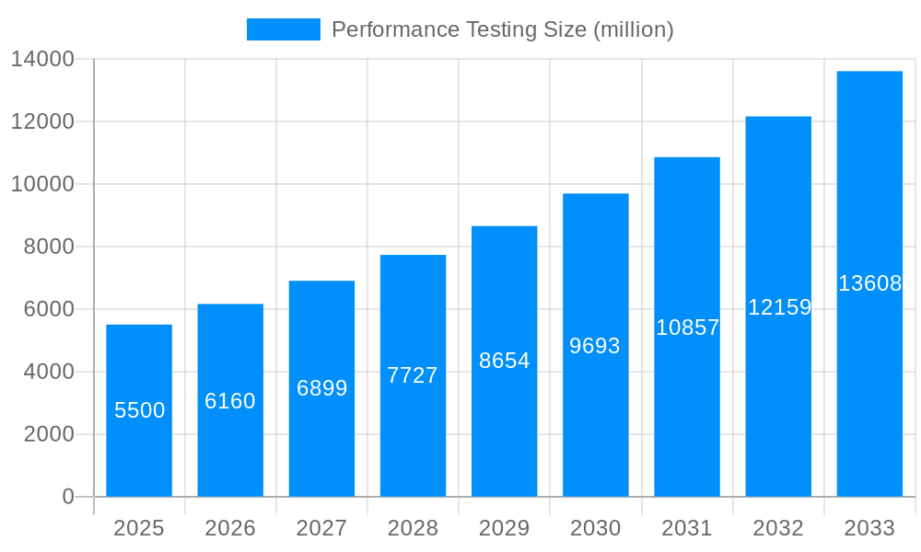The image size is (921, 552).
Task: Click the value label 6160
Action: pos(230,401)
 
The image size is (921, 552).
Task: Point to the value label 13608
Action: pos(869,283)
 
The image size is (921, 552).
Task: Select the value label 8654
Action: pos(505,361)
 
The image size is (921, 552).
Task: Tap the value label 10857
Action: pos(687,328)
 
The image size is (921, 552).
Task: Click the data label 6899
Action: pos(321,388)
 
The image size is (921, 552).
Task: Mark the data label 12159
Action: pos(778,307)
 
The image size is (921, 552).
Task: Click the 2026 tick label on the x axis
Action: pos(230,528)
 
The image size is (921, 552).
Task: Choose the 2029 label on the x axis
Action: pos(505,528)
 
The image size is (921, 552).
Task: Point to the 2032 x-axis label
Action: pos(778,528)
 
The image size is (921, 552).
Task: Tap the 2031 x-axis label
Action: pos(687,528)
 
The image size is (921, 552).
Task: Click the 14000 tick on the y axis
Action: pos(42,60)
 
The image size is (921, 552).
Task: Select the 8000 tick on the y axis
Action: pos(49,247)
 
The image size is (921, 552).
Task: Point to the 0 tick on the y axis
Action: pos(68,497)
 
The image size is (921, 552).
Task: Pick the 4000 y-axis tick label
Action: pos(49,372)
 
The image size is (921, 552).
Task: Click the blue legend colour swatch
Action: pos(284,29)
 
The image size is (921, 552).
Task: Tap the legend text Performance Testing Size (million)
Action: pos(502,29)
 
